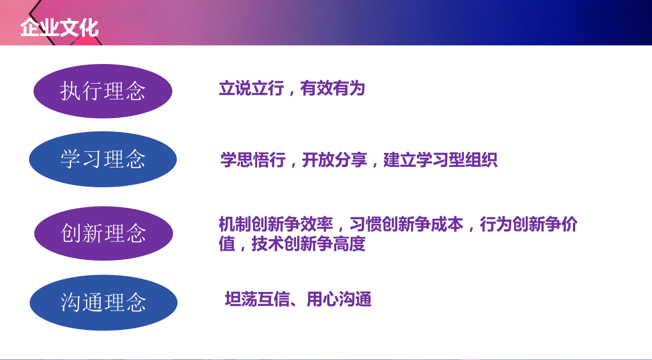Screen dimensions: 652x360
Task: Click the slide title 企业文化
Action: pyautogui.click(x=59, y=28)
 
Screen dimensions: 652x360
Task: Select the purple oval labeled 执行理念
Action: pyautogui.click(x=103, y=91)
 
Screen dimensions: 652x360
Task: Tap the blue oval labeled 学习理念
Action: pyautogui.click(x=103, y=159)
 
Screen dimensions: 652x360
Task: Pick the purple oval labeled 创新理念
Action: pyautogui.click(x=104, y=233)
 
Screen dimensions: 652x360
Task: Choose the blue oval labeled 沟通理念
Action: pyautogui.click(x=104, y=302)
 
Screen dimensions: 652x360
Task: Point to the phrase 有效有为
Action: pyautogui.click(x=333, y=88)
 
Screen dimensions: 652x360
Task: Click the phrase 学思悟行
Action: pyautogui.click(x=253, y=160)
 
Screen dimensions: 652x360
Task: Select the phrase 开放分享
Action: pyautogui.click(x=334, y=160)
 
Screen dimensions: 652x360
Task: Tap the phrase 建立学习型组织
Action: pyautogui.click(x=440, y=160)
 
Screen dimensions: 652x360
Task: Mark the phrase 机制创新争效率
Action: pyautogui.click(x=276, y=224)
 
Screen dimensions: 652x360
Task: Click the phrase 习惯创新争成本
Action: pyautogui.click(x=406, y=224)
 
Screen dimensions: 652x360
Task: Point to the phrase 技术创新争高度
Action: pyautogui.click(x=308, y=244)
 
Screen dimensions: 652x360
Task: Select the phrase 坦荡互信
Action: pyautogui.click(x=257, y=300)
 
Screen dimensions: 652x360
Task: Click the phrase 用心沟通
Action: pyautogui.click(x=339, y=300)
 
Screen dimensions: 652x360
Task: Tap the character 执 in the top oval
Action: pyautogui.click(x=71, y=91)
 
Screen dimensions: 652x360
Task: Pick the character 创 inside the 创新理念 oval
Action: pyautogui.click(x=71, y=233)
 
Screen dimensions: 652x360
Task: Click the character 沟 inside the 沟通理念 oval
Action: pyautogui.click(x=71, y=302)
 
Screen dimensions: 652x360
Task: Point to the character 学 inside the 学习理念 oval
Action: pyautogui.click(x=71, y=159)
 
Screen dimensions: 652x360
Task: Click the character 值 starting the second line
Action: pyautogui.click(x=227, y=244)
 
